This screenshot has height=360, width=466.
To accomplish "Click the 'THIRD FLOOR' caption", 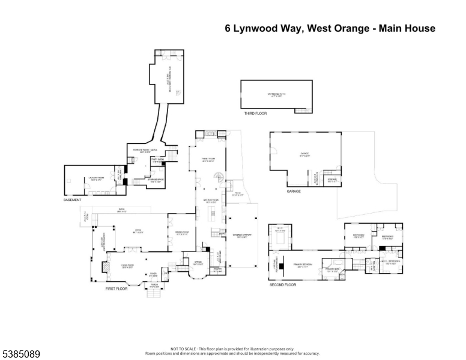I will pos(255,113).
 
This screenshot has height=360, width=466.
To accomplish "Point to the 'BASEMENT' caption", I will pos(72,200).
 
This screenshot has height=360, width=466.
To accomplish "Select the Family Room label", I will pos(208,160).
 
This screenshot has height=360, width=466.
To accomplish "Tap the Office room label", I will pos(198,262).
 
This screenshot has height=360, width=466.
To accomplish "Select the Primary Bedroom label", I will pos(304,265).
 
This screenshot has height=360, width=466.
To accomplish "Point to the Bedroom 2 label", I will pos(359,236).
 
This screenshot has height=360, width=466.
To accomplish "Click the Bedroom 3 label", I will pos(389,238).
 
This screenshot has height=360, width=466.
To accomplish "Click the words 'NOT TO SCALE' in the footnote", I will pos(180,349).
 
